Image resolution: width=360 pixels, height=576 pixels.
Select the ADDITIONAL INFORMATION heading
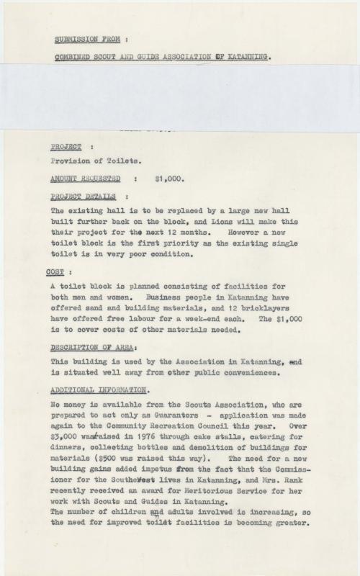coord(99,390)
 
